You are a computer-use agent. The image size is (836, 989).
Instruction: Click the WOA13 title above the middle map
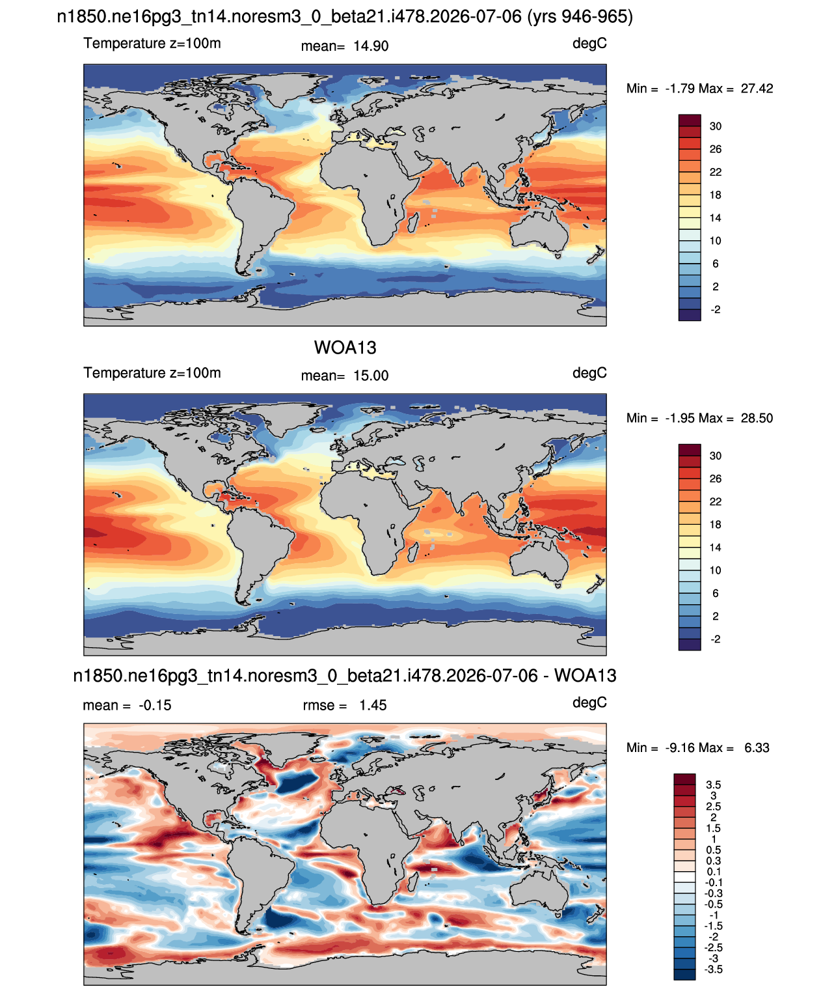tap(345, 348)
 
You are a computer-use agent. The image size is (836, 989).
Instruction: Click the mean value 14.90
tap(371, 46)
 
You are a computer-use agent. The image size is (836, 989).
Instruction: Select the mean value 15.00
tap(371, 376)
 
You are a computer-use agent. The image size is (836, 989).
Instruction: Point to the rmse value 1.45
tap(373, 705)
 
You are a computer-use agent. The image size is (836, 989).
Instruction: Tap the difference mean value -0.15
tap(155, 705)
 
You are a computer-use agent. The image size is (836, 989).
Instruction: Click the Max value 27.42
tap(757, 89)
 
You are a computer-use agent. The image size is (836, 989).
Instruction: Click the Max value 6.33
tap(757, 748)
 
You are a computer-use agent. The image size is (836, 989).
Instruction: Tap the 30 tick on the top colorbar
tap(715, 126)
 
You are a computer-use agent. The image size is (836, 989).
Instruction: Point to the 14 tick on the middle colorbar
tap(715, 548)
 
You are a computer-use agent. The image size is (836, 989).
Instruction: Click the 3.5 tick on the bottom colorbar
tap(713, 785)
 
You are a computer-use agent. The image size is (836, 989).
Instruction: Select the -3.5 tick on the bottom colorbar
tap(713, 970)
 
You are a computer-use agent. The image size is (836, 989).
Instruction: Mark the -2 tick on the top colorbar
tap(715, 309)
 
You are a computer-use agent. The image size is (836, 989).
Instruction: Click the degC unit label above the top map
tap(589, 44)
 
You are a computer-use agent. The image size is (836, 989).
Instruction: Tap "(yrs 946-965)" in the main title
tap(580, 17)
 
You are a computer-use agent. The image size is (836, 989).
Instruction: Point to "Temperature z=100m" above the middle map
tap(152, 373)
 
